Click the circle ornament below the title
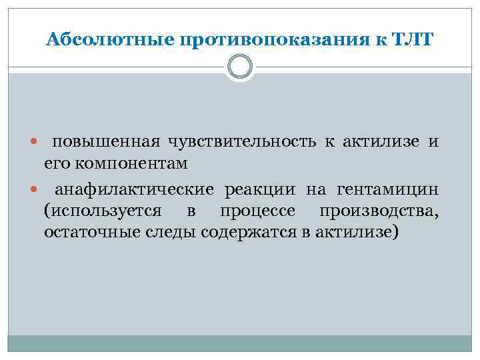click(240, 67)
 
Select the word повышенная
click(106, 142)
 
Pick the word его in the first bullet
click(57, 163)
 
